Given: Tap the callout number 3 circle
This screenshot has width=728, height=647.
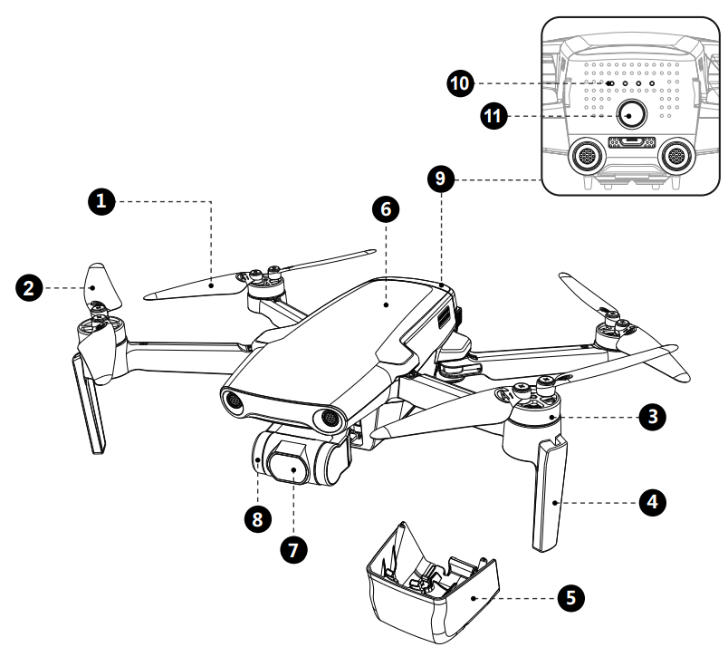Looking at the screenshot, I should coord(652,417).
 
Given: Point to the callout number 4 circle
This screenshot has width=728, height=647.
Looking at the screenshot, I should coord(652,500).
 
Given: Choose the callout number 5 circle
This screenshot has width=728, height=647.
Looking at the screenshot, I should coord(570,597).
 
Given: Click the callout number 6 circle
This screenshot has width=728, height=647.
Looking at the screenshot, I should coord(385,208).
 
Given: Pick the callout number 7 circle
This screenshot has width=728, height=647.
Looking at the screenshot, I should coord(293,548).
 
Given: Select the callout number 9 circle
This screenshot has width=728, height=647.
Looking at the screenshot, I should coord(440,178).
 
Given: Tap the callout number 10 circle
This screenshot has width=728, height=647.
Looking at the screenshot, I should coord(461,83).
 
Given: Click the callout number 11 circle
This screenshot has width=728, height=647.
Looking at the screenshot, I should coord(493,115).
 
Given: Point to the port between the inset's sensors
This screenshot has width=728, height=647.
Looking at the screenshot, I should coord(631,143).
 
